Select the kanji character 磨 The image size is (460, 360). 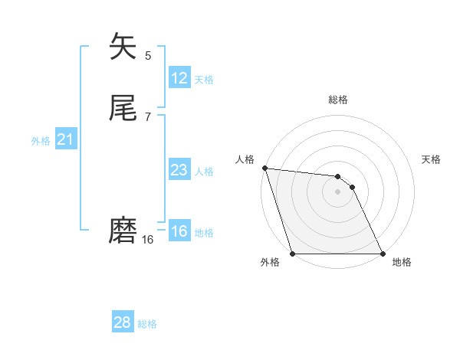[123, 230]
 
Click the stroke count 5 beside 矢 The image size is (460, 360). [148, 55]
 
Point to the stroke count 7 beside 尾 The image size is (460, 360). [148, 116]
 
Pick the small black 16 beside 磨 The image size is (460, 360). [148, 240]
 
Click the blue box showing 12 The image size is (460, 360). [179, 78]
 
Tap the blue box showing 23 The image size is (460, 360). [179, 170]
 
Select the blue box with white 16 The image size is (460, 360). [179, 231]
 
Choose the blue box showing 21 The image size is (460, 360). [65, 139]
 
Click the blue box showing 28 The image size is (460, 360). [123, 322]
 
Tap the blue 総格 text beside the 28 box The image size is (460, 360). [147, 324]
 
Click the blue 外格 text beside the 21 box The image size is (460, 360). [41, 141]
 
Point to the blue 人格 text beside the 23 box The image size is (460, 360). [205, 172]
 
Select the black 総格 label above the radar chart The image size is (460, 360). [338, 100]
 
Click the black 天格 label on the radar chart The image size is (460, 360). [431, 159]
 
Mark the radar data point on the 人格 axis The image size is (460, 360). [264, 168]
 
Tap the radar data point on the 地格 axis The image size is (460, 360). [383, 254]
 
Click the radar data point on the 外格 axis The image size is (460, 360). [292, 254]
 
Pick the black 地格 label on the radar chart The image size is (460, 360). [402, 263]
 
